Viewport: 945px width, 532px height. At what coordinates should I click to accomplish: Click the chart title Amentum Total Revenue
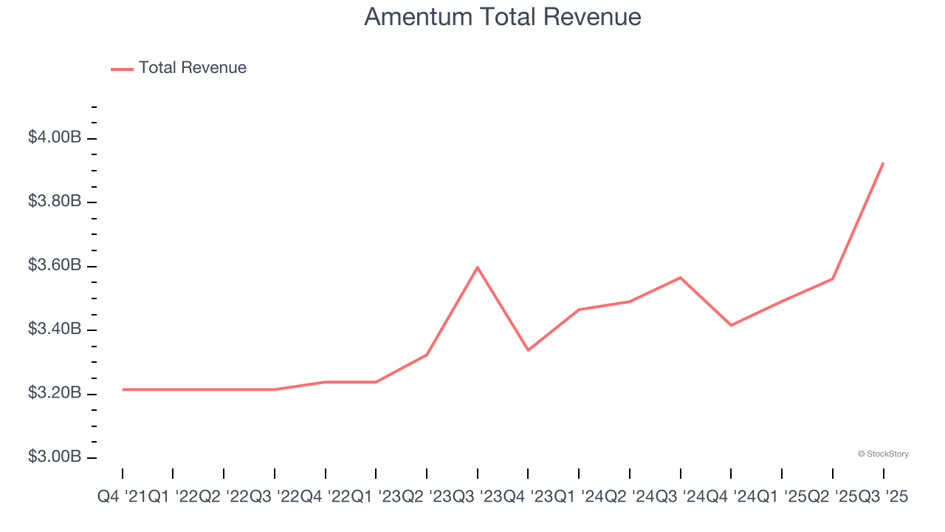(502, 16)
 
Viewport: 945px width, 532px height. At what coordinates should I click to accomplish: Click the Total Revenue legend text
(192, 68)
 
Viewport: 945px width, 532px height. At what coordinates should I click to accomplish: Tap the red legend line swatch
(122, 69)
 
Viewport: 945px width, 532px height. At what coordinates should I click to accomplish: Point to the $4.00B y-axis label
(54, 137)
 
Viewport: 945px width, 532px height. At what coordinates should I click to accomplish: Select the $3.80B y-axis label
(54, 201)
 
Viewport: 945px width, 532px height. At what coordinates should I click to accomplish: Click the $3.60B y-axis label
(54, 265)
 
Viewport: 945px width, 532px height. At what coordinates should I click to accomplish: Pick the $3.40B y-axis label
(54, 329)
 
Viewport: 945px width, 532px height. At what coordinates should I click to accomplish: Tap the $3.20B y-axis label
(54, 392)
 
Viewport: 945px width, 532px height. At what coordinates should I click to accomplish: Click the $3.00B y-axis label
(54, 457)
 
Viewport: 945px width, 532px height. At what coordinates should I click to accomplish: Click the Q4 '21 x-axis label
(123, 498)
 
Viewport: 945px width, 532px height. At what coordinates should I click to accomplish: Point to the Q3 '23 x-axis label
(477, 498)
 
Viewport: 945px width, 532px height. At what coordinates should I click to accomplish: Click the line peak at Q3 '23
(478, 267)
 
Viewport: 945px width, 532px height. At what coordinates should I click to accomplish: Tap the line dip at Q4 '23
(528, 350)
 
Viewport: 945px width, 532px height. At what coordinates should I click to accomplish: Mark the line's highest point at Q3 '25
(883, 163)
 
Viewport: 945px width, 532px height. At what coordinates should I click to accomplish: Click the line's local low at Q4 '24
(731, 325)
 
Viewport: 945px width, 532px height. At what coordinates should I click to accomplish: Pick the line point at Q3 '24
(680, 277)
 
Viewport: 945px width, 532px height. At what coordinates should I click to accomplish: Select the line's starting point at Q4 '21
(123, 389)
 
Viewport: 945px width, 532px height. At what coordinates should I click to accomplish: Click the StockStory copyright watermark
(883, 454)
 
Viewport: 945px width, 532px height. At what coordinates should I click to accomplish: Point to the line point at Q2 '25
(832, 279)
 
